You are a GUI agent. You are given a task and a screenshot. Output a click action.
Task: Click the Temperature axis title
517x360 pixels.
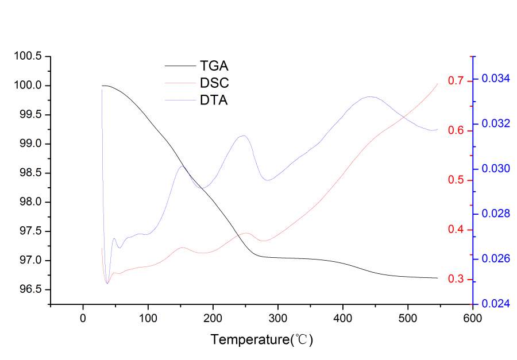(261, 339)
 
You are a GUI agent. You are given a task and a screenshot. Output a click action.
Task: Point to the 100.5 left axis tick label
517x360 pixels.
(28, 56)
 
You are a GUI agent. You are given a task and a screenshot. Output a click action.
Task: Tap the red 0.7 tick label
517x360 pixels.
(456, 81)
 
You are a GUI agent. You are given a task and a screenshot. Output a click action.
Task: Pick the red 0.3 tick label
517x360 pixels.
(456, 280)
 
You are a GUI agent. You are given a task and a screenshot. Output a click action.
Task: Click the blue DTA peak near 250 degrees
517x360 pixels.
(244, 136)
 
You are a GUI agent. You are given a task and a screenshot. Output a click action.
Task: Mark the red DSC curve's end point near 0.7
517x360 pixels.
(438, 84)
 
